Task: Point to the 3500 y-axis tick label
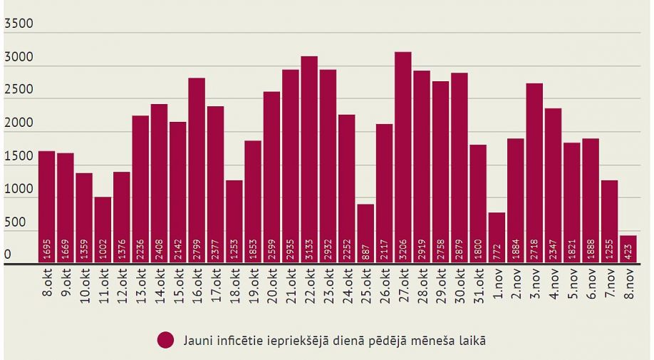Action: coord(19,24)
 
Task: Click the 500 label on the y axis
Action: coord(15,222)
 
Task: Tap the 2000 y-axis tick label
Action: coord(19,123)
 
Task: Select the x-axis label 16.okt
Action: coord(197,285)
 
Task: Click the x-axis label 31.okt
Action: coord(479,285)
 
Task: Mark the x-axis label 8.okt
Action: coord(47,284)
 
